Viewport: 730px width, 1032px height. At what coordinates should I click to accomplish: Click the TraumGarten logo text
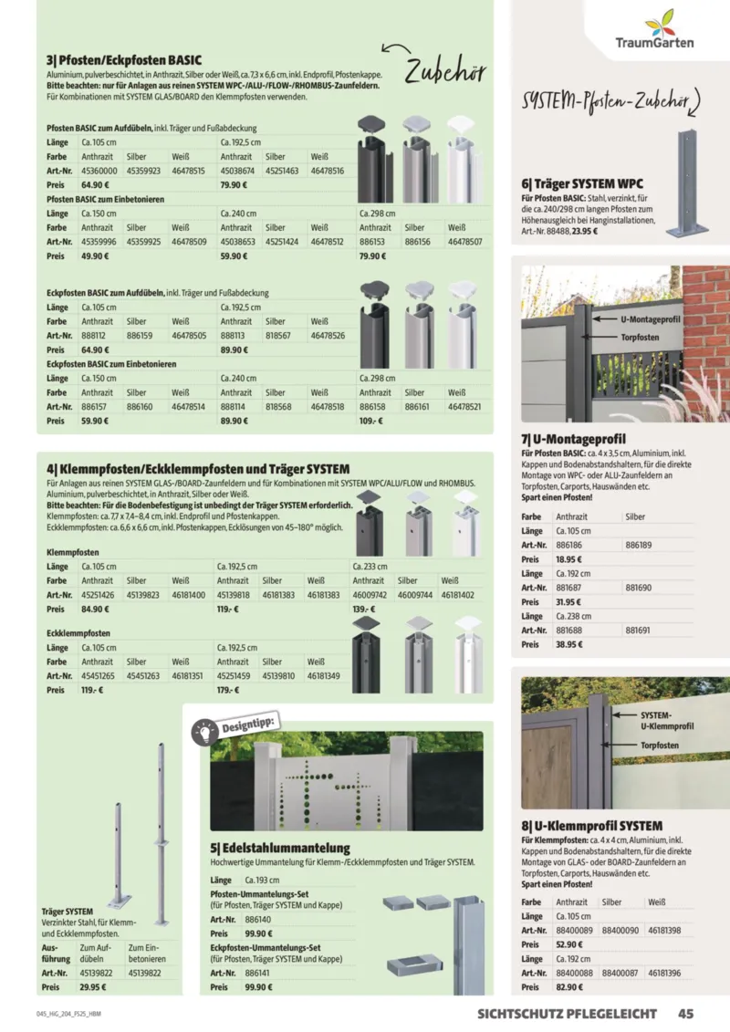(x=654, y=42)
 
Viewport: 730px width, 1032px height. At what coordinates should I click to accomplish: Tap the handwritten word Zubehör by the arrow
(x=445, y=71)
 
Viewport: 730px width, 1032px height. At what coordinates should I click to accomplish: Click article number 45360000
(x=99, y=171)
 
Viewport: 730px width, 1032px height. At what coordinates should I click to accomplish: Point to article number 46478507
(x=465, y=241)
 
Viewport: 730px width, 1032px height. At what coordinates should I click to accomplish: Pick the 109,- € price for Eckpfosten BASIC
(x=370, y=422)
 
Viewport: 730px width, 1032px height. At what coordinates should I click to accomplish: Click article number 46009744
(x=417, y=594)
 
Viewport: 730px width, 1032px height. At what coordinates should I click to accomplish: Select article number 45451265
(x=99, y=676)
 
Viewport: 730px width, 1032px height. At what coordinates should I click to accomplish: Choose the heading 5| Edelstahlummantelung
(x=280, y=848)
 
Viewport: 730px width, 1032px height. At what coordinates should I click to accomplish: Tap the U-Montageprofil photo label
(x=650, y=320)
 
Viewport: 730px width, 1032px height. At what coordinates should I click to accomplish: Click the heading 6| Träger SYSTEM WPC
(x=582, y=183)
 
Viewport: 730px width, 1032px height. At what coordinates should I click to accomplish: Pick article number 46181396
(x=663, y=974)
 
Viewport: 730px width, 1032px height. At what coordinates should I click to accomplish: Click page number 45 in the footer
(x=687, y=1013)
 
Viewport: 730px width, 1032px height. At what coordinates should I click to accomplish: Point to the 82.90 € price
(x=568, y=987)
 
